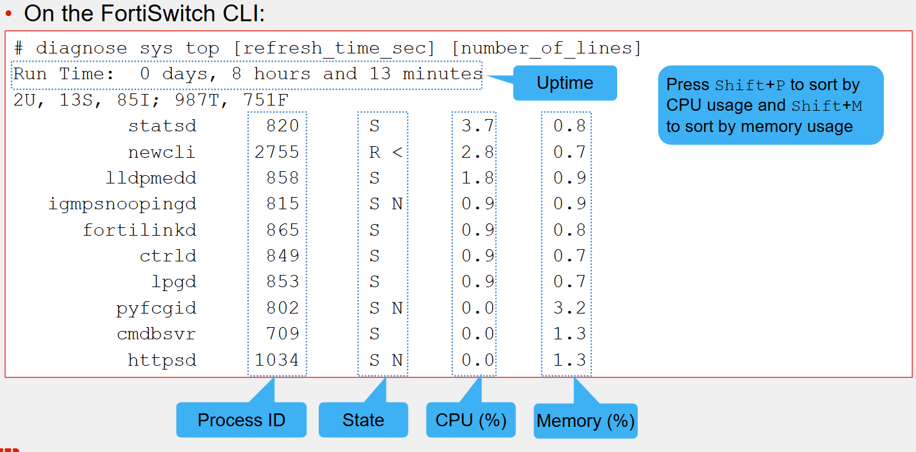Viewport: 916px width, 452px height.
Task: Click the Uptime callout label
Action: click(565, 83)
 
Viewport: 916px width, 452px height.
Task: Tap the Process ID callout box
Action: click(242, 420)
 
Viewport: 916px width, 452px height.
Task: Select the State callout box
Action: click(363, 420)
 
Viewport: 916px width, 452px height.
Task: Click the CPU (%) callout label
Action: click(471, 420)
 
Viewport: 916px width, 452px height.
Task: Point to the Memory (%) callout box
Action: click(585, 420)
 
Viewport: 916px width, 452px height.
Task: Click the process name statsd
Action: click(162, 126)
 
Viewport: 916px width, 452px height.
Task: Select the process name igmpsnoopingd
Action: click(122, 204)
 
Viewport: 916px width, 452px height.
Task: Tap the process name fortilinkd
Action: click(139, 230)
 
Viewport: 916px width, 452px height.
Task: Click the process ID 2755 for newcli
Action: click(277, 152)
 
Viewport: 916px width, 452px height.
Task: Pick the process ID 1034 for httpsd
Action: click(277, 360)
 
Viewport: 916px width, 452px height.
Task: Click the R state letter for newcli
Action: click(374, 153)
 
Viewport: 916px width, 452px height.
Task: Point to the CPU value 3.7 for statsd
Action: click(477, 126)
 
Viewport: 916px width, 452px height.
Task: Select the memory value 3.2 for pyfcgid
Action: click(569, 308)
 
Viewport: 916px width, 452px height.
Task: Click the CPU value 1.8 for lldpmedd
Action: click(477, 178)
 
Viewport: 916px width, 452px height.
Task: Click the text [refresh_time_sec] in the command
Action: click(334, 48)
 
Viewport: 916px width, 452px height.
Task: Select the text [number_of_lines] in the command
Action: click(546, 48)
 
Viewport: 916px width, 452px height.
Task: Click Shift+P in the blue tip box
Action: click(750, 85)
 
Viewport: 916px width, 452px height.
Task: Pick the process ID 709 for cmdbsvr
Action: click(283, 334)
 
